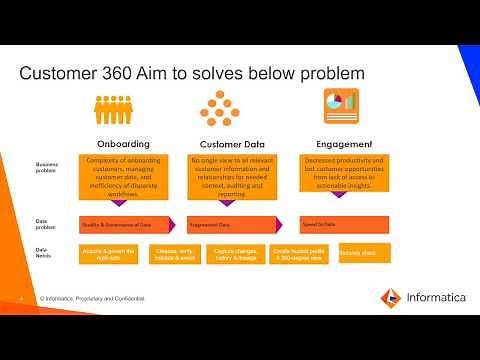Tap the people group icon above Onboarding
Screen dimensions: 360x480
[123, 107]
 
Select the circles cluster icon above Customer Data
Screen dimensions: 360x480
[216, 107]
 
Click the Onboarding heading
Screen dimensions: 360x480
[123, 143]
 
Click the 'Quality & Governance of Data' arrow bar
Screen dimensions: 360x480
[127, 223]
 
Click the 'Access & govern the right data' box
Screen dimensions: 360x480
[108, 254]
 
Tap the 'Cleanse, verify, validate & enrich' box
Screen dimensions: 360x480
[171, 254]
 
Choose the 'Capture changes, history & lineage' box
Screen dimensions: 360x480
[234, 254]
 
